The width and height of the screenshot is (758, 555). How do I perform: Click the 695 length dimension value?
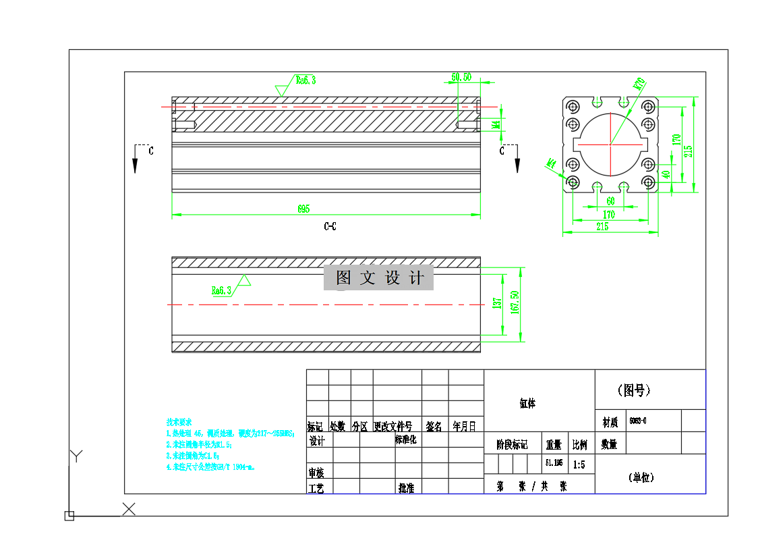coord(303,209)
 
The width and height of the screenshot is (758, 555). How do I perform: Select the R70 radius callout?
coord(639,84)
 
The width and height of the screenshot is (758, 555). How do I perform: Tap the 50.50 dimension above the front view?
coord(461,77)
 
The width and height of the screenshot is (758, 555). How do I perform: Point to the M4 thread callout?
coord(495,125)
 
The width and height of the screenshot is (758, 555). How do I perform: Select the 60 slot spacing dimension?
coord(610,201)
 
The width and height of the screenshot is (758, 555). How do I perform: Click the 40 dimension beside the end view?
coord(666,174)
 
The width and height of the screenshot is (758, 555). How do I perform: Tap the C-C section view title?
coord(330,226)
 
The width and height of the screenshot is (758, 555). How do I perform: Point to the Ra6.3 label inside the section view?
coord(221,290)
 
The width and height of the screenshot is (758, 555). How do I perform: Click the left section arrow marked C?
coord(136,159)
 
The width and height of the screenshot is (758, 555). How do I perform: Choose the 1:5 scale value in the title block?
coord(579,465)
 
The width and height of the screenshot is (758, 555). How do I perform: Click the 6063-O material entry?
coord(637,421)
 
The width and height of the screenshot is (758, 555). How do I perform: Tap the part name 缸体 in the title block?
coord(527,403)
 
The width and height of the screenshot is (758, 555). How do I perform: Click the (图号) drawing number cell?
coord(634,390)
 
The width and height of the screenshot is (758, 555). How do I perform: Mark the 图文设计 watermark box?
coord(378,277)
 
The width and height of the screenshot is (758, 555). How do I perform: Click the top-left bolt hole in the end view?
coord(573,107)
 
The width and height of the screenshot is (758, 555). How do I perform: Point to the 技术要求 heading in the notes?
coord(179,421)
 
